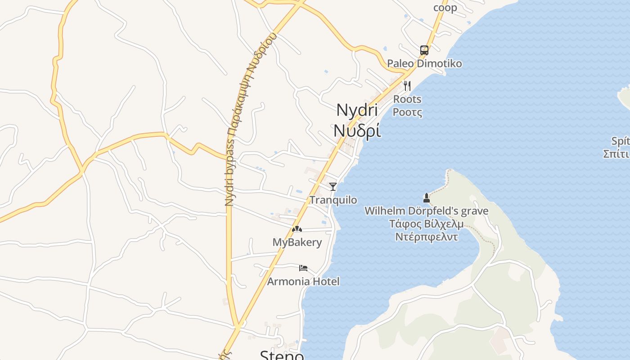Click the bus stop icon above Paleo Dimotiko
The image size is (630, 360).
[424, 50]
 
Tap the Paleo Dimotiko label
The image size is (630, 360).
[424, 63]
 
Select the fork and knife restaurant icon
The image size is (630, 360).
[407, 85]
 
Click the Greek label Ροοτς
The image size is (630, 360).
[407, 112]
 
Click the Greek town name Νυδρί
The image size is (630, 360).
[357, 130]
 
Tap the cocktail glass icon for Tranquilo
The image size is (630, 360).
[333, 186]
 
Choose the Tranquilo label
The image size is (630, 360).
[333, 200]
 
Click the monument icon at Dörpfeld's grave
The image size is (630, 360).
[426, 198]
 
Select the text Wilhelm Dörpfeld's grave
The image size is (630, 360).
[426, 211]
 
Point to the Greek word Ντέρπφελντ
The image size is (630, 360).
[426, 237]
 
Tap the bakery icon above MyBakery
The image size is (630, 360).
[297, 229]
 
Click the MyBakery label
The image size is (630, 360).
[297, 243]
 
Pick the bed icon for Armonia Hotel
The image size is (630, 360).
[303, 268]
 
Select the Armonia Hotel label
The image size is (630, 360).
[303, 282]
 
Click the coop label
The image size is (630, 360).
[445, 8]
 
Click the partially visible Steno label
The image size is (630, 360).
[282, 355]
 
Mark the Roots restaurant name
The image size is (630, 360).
[407, 99]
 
